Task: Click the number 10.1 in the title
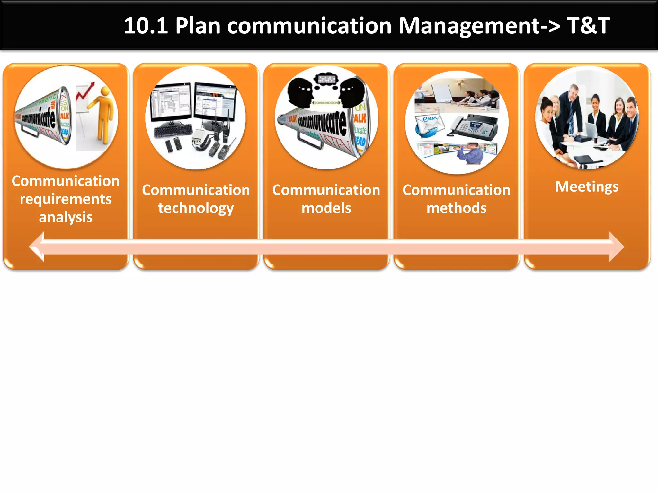click(x=146, y=26)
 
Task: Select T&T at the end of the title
click(x=588, y=26)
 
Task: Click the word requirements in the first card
click(x=66, y=199)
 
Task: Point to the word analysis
click(x=66, y=217)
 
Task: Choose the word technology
click(x=196, y=208)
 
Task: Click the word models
click(x=326, y=208)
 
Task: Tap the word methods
click(x=456, y=208)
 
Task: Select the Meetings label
click(x=587, y=186)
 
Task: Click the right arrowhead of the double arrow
click(x=616, y=247)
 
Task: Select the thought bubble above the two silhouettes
click(x=326, y=79)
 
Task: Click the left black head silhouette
click(x=300, y=93)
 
